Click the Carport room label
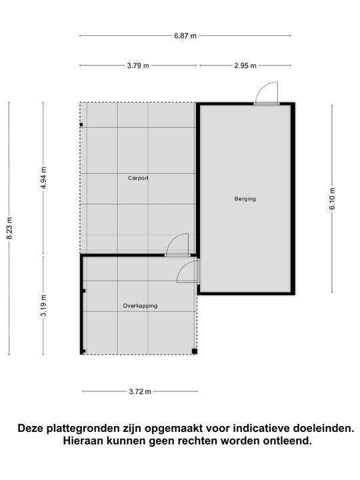point(138,178)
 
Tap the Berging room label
point(245,199)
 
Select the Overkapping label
point(140,305)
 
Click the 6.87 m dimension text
point(185,35)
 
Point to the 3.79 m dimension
point(138,65)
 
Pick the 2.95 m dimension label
point(245,65)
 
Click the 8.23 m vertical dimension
point(9,229)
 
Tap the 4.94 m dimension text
point(43,178)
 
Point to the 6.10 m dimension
point(332,198)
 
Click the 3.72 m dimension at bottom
point(139,391)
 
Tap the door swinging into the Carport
point(177,245)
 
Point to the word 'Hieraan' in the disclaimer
point(83,441)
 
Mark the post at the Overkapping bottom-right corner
point(194,351)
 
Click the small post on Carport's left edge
point(81,124)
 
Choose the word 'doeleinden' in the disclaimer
point(311,428)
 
